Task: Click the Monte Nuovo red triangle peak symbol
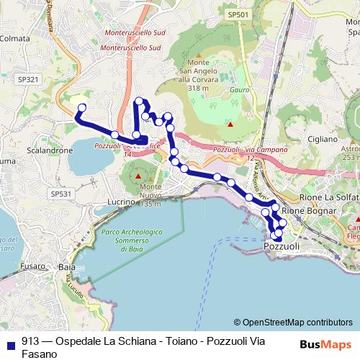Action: click(x=138, y=176)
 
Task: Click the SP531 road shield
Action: click(x=62, y=193)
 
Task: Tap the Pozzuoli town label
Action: click(x=281, y=246)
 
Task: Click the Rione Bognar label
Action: click(x=309, y=210)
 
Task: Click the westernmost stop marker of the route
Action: click(x=81, y=108)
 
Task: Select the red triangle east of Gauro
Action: click(x=230, y=125)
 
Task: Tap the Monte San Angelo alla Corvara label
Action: click(x=194, y=75)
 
